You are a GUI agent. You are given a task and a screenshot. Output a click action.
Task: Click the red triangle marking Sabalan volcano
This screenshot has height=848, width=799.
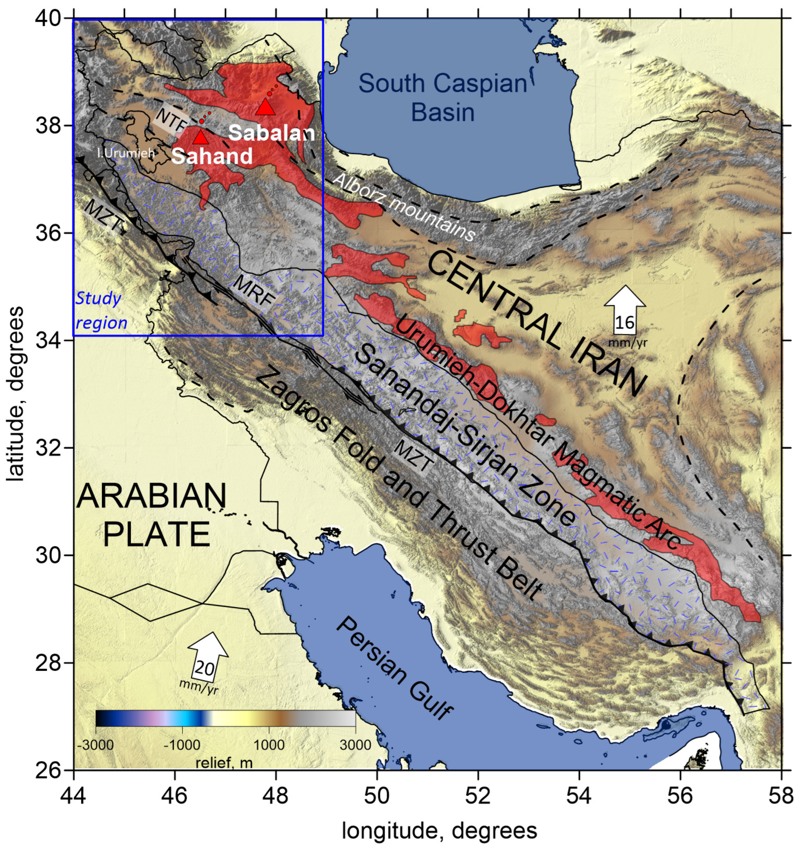266,107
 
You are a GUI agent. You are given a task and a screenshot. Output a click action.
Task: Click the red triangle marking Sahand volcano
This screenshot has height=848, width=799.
200,138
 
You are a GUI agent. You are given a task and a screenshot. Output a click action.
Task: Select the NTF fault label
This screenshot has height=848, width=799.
172,120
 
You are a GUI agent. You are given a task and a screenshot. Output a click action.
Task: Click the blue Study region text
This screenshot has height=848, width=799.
101,311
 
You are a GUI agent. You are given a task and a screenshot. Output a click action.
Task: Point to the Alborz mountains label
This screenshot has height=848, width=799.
404,207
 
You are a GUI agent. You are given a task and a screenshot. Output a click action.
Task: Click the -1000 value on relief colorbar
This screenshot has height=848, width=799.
182,745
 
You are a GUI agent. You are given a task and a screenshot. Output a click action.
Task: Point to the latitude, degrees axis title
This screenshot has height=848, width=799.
15,394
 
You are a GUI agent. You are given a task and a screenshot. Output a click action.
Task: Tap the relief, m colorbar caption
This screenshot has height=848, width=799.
224,762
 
